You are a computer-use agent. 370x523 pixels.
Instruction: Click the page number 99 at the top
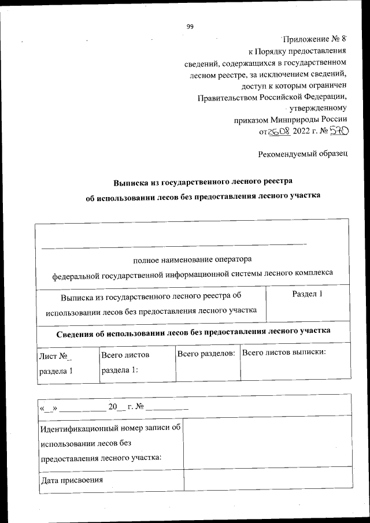pyautogui.click(x=189, y=26)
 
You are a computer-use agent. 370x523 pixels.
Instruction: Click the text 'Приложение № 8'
pyautogui.click(x=313, y=39)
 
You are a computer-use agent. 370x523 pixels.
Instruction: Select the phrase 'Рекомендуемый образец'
pyautogui.click(x=302, y=154)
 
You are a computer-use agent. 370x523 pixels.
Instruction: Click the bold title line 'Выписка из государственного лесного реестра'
pyautogui.click(x=202, y=182)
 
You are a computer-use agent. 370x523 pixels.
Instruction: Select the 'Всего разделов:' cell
pyautogui.click(x=206, y=353)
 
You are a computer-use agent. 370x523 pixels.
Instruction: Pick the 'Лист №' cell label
pyautogui.click(x=54, y=356)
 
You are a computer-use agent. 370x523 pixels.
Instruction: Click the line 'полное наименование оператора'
pyautogui.click(x=193, y=259)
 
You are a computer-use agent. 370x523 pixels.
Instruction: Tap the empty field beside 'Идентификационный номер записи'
pyautogui.click(x=267, y=442)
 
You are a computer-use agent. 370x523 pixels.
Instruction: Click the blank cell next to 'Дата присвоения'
pyautogui.click(x=267, y=480)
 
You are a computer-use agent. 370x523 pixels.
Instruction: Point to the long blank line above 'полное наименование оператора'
pyautogui.click(x=173, y=247)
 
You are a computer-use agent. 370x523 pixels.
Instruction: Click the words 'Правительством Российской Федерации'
pyautogui.click(x=272, y=97)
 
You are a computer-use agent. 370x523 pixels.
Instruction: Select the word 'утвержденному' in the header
pyautogui.click(x=320, y=109)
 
